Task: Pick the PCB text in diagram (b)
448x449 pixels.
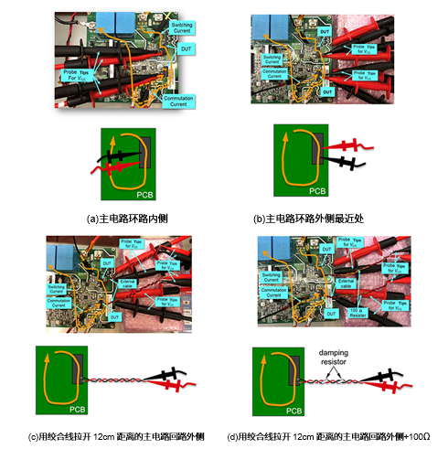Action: tap(316, 190)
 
